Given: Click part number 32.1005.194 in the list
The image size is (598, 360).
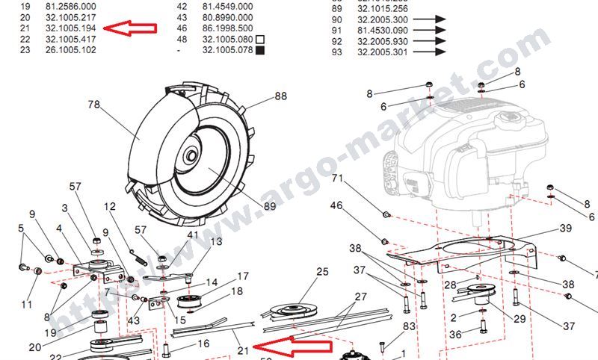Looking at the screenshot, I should click(x=70, y=27).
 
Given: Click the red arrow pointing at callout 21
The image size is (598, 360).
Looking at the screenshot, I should click(x=293, y=347).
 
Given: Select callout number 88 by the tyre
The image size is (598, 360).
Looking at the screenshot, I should click(x=280, y=96).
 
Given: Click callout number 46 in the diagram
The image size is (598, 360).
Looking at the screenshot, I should click(x=336, y=205).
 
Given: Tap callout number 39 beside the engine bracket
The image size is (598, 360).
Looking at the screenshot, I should click(x=565, y=229).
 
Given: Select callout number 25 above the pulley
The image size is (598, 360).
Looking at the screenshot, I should click(x=322, y=272).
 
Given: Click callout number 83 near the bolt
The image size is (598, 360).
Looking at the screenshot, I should click(x=409, y=326).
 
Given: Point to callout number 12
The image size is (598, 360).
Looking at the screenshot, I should click(x=110, y=206).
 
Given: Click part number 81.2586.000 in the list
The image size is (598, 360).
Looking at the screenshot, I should click(x=70, y=4).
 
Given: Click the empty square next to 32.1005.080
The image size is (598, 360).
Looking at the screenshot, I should click(x=260, y=39).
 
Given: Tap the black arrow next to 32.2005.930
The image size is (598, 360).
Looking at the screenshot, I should click(x=428, y=40).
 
